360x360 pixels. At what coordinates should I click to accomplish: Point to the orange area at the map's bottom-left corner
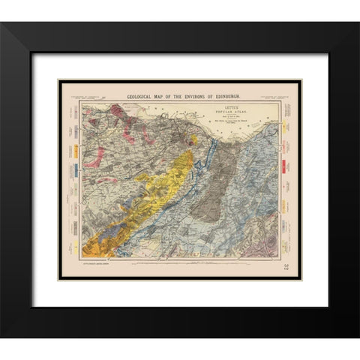tap(94, 247)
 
